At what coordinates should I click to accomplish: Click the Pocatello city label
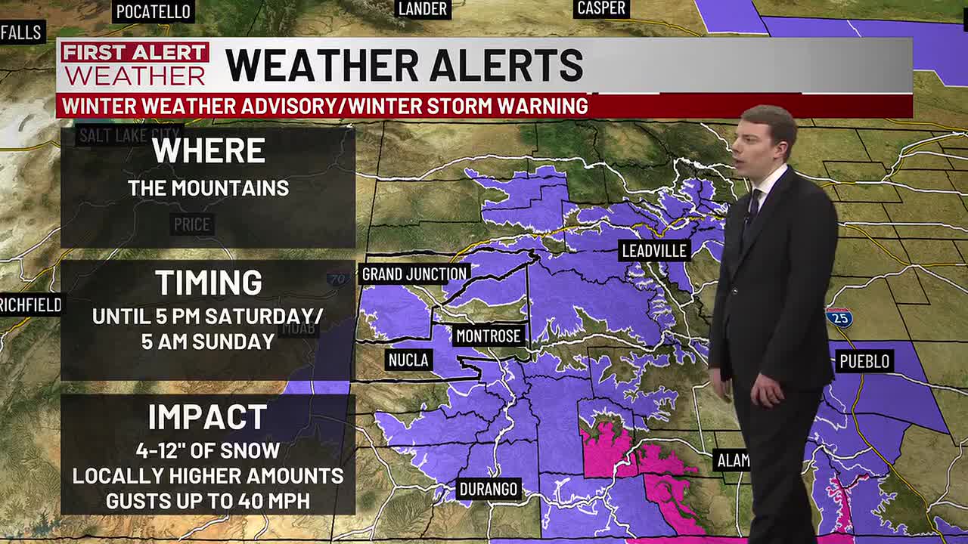click(154, 12)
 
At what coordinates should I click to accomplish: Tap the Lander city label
click(423, 9)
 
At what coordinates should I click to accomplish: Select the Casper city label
click(601, 8)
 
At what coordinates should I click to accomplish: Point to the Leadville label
click(654, 251)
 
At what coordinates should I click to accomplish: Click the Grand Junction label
click(414, 274)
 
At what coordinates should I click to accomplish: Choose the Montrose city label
click(489, 335)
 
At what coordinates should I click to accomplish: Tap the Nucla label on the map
click(408, 360)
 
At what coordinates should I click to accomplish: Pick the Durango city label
click(489, 489)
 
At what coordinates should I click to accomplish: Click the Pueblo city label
click(864, 361)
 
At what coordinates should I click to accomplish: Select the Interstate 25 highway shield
click(839, 317)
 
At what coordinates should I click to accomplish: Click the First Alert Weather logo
click(135, 65)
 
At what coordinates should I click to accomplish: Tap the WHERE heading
click(208, 150)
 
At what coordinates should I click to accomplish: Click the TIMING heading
click(208, 283)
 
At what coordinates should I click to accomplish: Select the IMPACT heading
click(208, 417)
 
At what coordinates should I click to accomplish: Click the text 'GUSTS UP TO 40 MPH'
click(208, 500)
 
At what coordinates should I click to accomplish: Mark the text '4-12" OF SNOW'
click(208, 451)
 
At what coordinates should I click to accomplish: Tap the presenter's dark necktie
click(753, 208)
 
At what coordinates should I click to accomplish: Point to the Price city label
click(191, 224)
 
